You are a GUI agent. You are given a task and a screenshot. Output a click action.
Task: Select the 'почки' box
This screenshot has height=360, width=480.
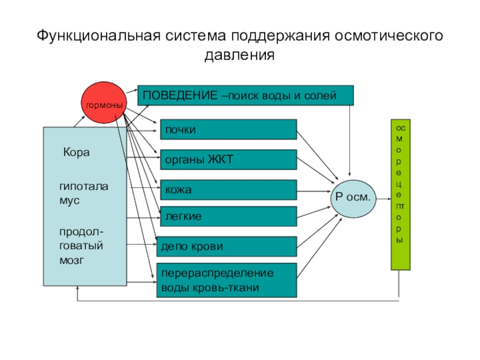[x=228, y=130]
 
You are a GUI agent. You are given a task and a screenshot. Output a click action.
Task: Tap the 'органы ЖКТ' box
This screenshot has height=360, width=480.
[x=228, y=160]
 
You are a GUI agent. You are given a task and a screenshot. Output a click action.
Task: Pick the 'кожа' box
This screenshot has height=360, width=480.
[x=228, y=190]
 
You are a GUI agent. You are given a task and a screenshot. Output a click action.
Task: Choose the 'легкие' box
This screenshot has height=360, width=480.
[x=228, y=216]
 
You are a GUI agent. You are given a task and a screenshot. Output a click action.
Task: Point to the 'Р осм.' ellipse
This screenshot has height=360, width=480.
[x=353, y=197]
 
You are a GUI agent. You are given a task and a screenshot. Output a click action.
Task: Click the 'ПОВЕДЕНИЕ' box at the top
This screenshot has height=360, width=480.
[x=246, y=95]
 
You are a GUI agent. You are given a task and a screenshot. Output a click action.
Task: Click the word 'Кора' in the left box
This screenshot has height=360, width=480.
[x=76, y=152]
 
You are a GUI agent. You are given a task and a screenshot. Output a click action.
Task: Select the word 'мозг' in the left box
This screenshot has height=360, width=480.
[x=71, y=260]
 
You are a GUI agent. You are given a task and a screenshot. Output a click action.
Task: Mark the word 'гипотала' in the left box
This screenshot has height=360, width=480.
[x=83, y=187]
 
